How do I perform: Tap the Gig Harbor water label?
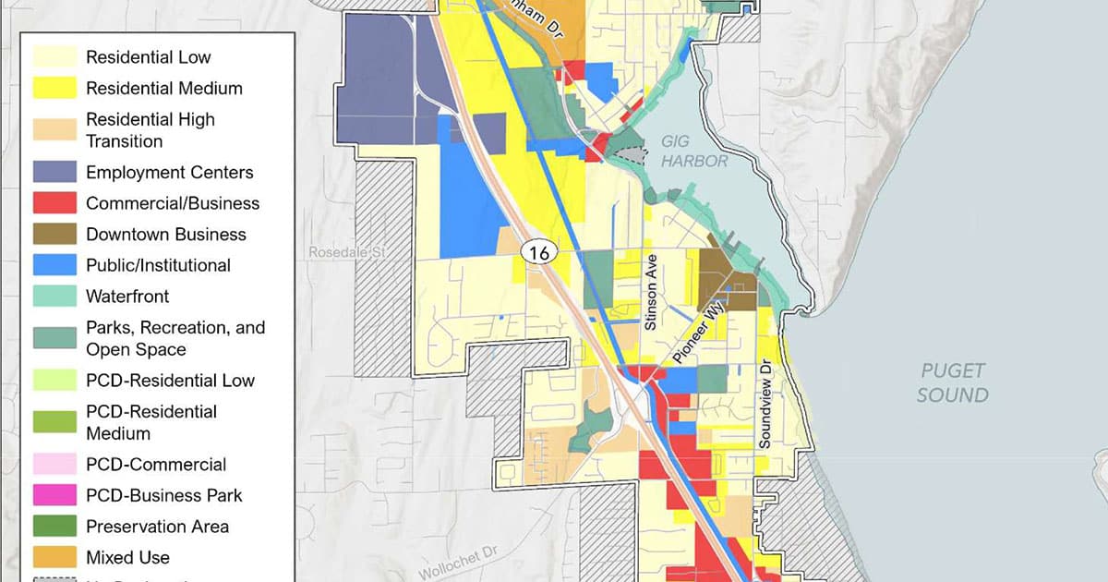(x=694, y=152)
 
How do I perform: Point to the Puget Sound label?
(x=953, y=382)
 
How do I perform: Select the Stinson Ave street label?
(x=651, y=292)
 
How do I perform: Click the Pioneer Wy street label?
(x=699, y=334)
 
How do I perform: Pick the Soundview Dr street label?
(x=765, y=404)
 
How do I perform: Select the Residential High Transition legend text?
(x=151, y=130)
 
